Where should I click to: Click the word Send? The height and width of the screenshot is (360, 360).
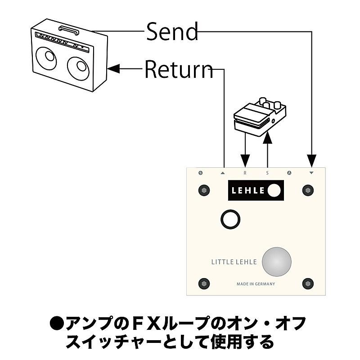click(172, 31)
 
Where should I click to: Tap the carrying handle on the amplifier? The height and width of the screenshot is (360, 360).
click(68, 31)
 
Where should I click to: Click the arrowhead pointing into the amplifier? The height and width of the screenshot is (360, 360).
click(114, 69)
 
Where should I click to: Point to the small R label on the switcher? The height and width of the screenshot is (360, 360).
click(245, 173)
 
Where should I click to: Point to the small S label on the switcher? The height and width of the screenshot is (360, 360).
click(267, 173)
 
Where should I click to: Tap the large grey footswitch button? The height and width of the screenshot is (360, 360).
click(277, 261)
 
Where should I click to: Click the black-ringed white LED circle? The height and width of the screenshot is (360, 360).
click(230, 219)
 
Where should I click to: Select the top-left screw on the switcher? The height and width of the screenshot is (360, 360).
click(204, 190)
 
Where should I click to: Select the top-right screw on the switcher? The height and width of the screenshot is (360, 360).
click(308, 190)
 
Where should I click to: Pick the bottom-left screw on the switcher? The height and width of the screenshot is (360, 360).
click(204, 284)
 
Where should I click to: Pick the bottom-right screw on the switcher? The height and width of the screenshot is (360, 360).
click(308, 284)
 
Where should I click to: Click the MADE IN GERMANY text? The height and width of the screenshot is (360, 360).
click(256, 284)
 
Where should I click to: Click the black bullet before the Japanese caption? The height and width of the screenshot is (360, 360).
click(57, 324)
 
